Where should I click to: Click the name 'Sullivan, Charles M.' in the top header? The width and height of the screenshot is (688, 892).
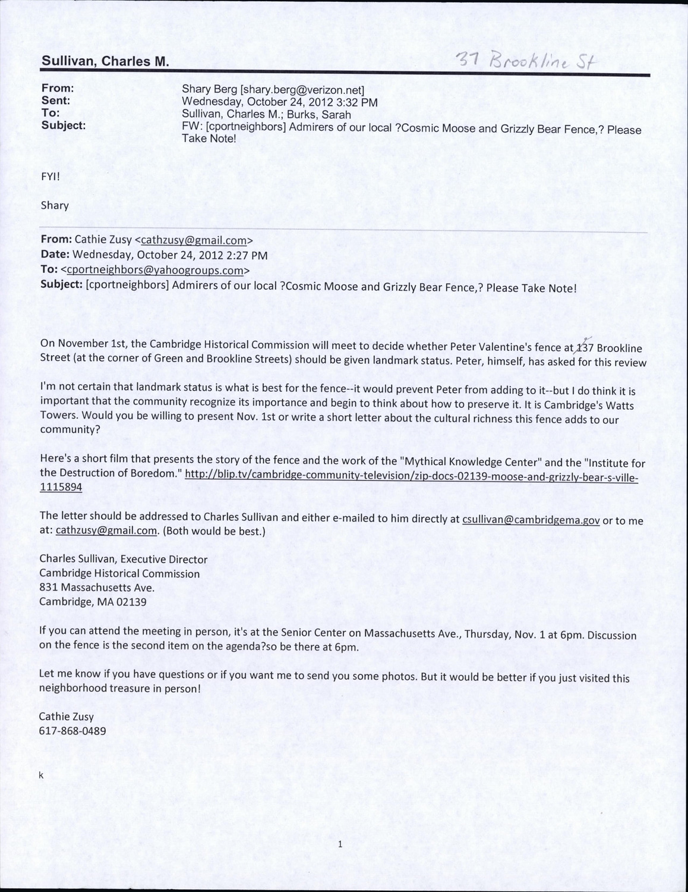[105, 61]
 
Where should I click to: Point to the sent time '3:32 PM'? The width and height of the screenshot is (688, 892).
[358, 102]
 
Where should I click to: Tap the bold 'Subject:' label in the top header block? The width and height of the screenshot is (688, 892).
[64, 125]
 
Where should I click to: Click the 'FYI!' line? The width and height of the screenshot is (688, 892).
[51, 177]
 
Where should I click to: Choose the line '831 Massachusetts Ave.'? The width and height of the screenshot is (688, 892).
[97, 588]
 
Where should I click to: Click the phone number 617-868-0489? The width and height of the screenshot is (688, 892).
[72, 731]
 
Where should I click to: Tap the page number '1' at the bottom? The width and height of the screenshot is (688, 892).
[340, 844]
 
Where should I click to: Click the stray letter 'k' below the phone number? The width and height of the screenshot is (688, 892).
[42, 775]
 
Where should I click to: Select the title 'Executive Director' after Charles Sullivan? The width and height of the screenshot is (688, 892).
[168, 560]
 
